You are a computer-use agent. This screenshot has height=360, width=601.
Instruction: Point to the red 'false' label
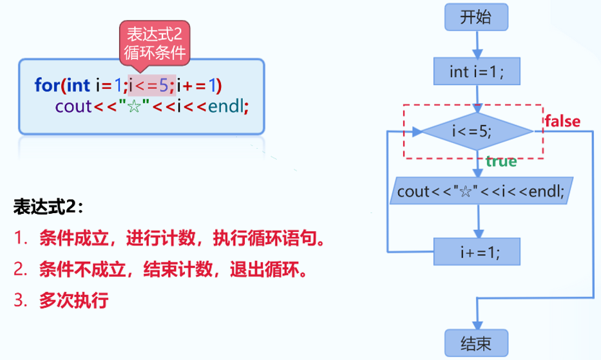pyautogui.click(x=563, y=121)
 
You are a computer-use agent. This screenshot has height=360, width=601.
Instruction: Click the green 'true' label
pyautogui.click(x=501, y=162)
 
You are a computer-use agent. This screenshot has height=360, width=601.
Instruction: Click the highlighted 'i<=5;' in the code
pyautogui.click(x=151, y=84)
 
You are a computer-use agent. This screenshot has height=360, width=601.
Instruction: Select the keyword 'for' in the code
pyautogui.click(x=47, y=84)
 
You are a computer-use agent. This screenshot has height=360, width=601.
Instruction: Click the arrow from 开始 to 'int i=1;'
pyautogui.click(x=477, y=44)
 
